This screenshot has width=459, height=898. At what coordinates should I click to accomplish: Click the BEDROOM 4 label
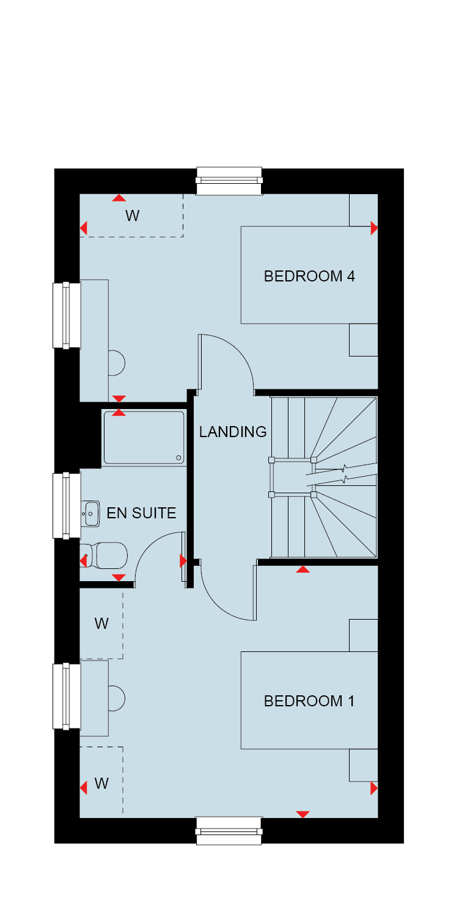click(309, 276)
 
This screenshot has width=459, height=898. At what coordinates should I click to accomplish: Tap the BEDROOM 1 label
click(309, 701)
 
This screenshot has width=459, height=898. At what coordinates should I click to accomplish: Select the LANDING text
click(233, 432)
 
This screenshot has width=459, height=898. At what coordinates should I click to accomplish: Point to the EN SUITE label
click(141, 513)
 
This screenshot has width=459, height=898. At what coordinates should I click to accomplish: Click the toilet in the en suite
click(104, 556)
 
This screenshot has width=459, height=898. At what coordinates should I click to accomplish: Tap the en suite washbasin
click(90, 513)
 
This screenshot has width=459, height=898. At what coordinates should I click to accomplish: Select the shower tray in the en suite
click(144, 438)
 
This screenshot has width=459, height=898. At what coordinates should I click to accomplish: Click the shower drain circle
click(178, 458)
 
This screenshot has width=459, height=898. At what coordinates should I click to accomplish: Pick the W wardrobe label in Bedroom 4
click(133, 215)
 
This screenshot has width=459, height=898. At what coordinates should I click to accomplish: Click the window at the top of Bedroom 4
click(229, 181)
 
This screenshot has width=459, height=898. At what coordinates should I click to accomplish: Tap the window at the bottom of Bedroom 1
click(229, 831)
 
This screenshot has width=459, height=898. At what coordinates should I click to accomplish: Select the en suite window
click(67, 505)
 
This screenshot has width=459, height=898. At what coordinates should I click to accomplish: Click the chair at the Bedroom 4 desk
click(117, 363)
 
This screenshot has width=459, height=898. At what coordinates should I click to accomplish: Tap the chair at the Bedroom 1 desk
click(117, 698)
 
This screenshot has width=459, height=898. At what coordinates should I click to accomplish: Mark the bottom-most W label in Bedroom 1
click(101, 783)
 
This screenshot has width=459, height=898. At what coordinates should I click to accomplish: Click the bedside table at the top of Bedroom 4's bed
click(364, 210)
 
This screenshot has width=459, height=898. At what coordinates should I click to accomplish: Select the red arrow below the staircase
click(303, 570)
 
